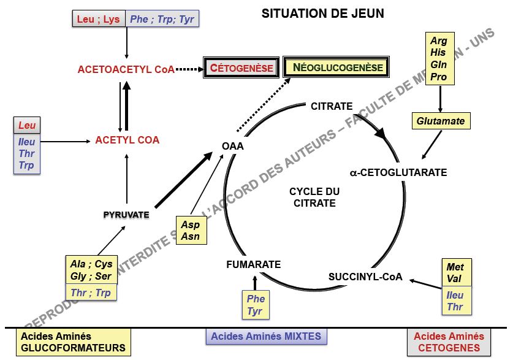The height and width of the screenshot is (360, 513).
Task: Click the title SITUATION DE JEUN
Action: (323, 13)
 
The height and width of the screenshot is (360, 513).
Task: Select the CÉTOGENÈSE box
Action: (241, 67)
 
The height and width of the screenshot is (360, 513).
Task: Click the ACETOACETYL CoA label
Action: (126, 70)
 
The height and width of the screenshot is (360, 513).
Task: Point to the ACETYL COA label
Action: (127, 140)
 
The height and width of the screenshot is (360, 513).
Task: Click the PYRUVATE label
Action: (126, 215)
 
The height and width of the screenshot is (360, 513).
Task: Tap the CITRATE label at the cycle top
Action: (332, 106)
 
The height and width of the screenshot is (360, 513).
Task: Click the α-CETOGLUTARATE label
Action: (398, 172)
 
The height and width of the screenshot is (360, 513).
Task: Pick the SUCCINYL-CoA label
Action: (365, 277)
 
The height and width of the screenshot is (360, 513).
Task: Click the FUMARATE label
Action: (253, 264)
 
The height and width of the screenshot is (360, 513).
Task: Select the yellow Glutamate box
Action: (441, 121)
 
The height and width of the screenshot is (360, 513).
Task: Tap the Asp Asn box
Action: (191, 231)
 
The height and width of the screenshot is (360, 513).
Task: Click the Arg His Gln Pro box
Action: (439, 59)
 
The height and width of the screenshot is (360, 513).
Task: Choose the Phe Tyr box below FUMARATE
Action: (255, 305)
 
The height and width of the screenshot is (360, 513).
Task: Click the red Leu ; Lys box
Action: (98, 19)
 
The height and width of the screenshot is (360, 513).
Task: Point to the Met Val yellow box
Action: (455, 272)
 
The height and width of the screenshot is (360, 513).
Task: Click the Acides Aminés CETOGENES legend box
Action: (449, 342)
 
